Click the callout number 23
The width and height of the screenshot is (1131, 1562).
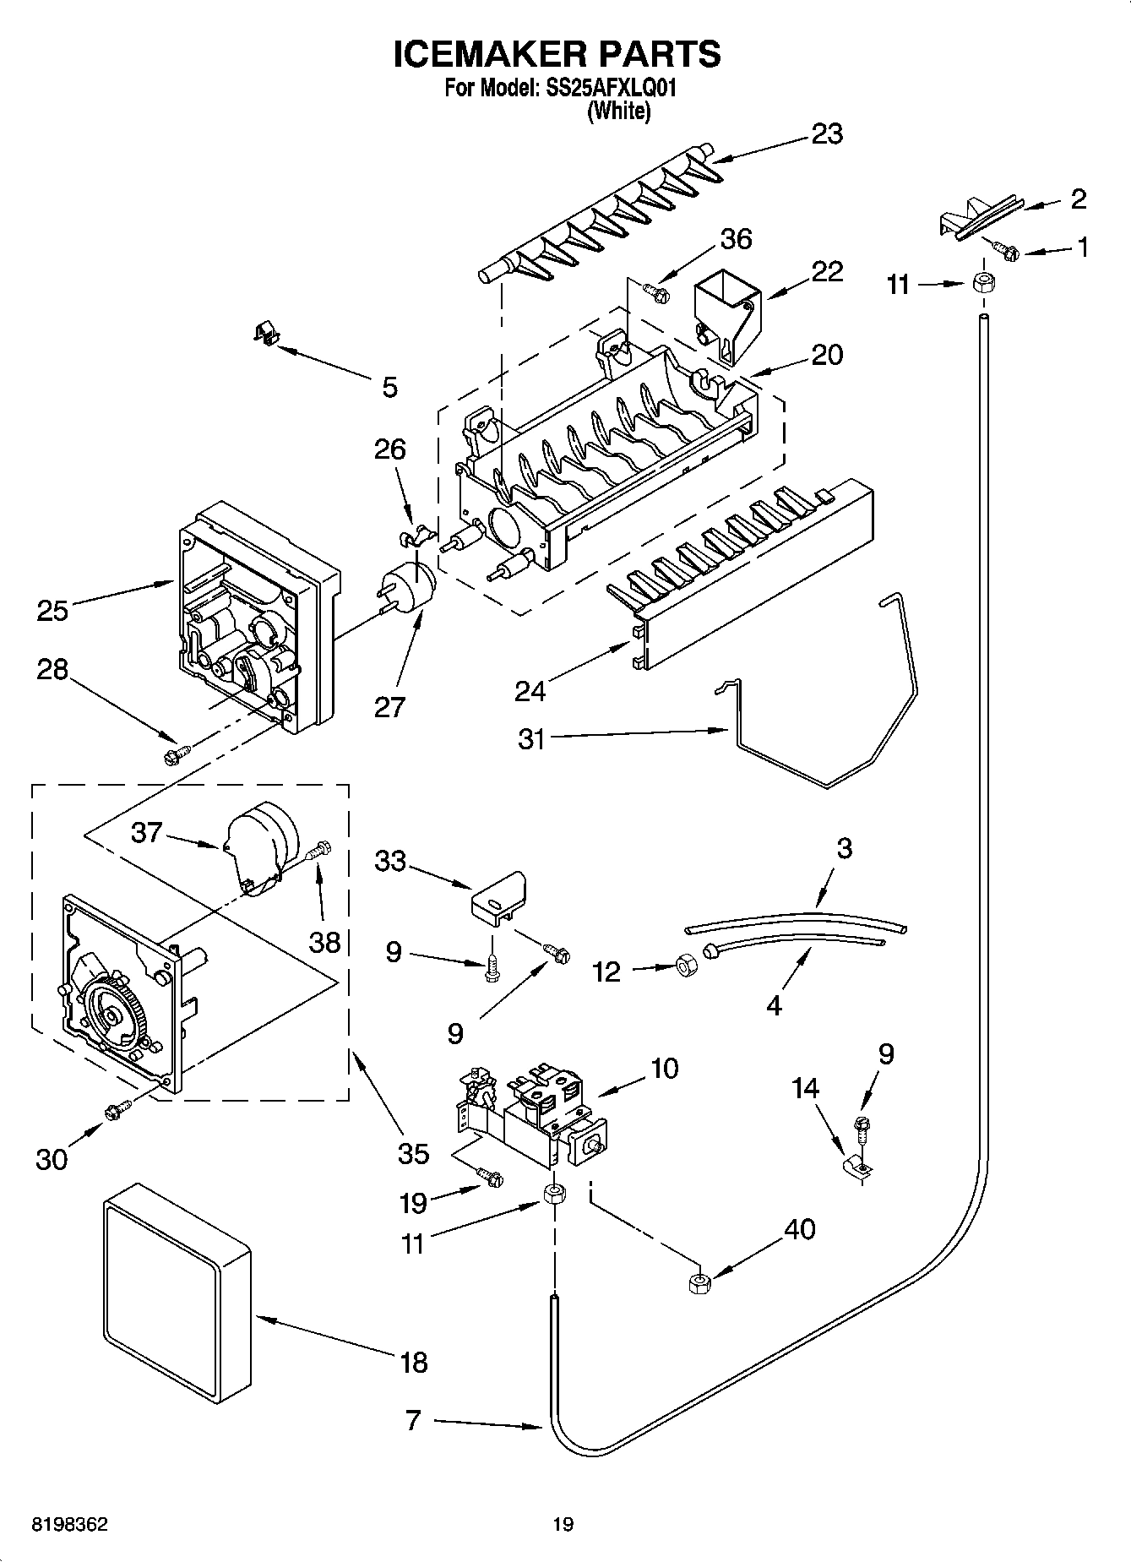tap(827, 134)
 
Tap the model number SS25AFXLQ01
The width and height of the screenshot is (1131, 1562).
tap(607, 87)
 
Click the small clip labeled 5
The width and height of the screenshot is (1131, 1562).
tap(266, 332)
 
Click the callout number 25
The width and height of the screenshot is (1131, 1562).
tap(52, 610)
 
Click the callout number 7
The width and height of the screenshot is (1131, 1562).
tap(412, 1420)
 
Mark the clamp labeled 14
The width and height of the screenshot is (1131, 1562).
tap(860, 1167)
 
